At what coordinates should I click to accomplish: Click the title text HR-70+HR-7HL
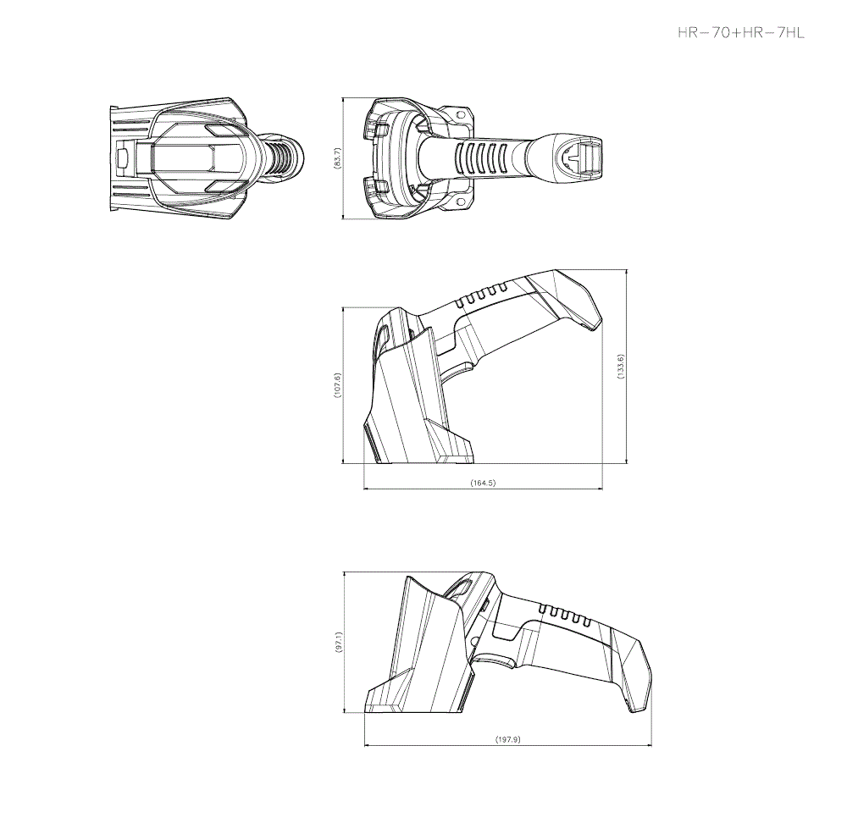(x=740, y=33)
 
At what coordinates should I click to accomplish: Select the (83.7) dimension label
(x=337, y=157)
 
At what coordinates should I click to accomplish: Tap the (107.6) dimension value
(x=337, y=385)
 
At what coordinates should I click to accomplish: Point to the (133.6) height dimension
(x=621, y=366)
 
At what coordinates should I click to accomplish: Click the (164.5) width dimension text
(x=482, y=483)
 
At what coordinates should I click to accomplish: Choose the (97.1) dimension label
(x=338, y=643)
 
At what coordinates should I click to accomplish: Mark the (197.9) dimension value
(x=507, y=739)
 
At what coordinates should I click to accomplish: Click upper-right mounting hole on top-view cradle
(x=462, y=112)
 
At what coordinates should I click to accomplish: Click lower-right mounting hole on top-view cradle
(x=462, y=203)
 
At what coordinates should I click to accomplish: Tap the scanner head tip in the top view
(x=584, y=157)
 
